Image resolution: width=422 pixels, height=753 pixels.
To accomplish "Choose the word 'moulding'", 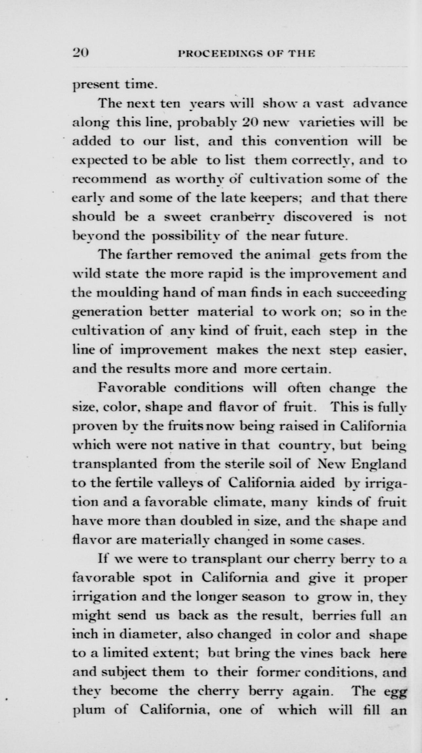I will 119,293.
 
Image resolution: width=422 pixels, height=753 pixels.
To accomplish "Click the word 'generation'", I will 107,312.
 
